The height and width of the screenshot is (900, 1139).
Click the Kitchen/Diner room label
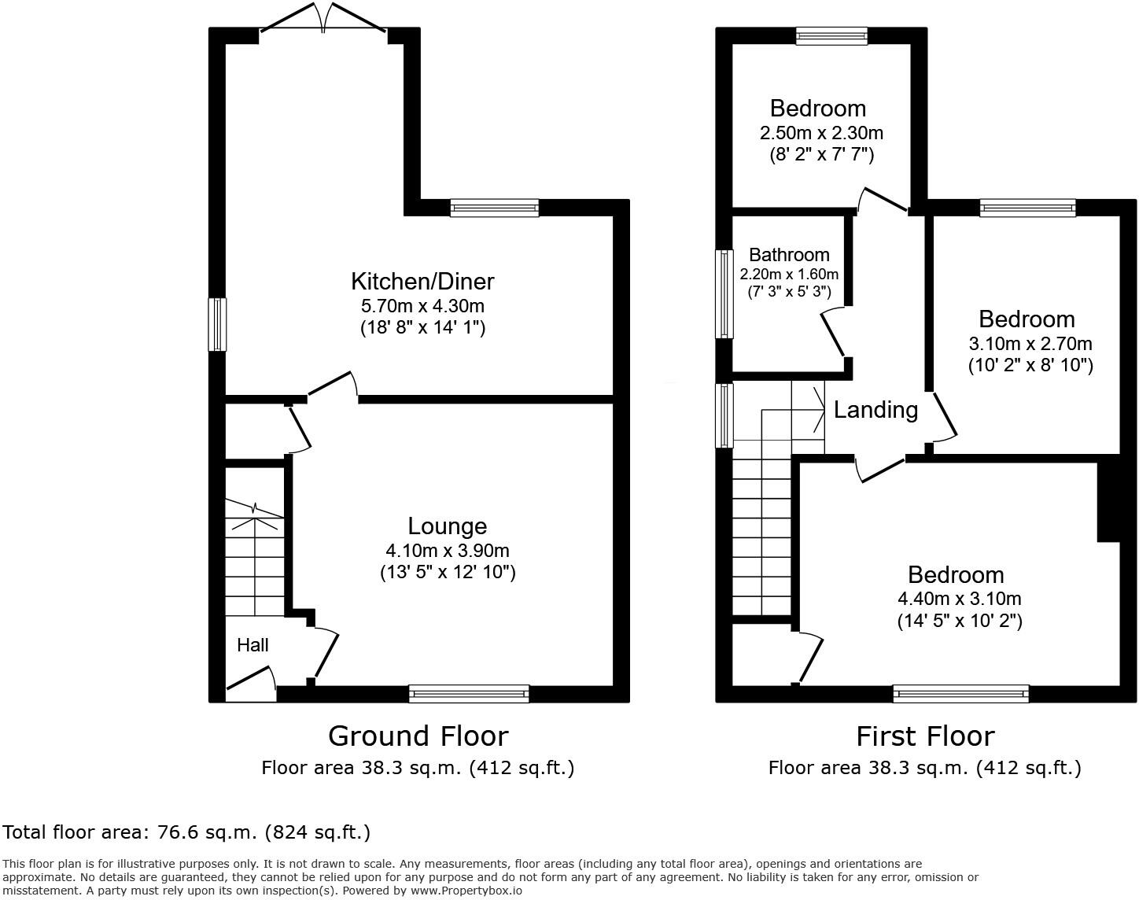(x=422, y=281)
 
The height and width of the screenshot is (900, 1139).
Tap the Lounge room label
(x=447, y=526)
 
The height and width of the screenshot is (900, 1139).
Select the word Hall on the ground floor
(x=252, y=645)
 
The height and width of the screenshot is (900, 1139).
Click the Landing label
(x=875, y=410)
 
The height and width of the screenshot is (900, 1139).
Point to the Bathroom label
(x=789, y=255)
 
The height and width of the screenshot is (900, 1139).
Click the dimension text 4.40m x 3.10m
(x=959, y=599)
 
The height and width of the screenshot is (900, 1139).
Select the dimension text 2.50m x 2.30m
(x=821, y=132)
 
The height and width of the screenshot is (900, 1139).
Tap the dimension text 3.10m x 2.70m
(x=1030, y=344)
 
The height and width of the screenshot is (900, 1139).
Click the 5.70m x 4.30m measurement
(x=422, y=305)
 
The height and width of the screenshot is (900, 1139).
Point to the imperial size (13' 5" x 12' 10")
(x=447, y=572)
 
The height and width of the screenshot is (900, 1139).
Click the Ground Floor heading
(x=418, y=736)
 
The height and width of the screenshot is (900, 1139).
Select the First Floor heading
(x=924, y=736)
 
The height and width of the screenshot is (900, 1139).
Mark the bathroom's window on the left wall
(x=724, y=293)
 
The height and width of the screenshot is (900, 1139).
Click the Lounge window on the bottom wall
(x=469, y=693)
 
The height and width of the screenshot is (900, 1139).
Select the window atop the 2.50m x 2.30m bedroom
(x=831, y=35)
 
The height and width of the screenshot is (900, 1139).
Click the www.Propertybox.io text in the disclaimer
(x=466, y=891)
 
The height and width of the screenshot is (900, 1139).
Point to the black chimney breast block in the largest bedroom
(x=1108, y=501)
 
